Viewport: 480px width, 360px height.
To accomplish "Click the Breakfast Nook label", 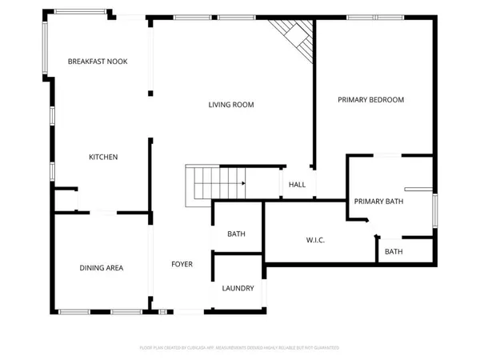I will (98, 62).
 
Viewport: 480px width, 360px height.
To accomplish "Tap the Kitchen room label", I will (103, 157).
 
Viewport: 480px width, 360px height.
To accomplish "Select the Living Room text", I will (231, 105).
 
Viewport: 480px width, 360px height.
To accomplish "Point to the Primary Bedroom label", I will (370, 100).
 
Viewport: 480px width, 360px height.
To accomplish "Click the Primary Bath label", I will (378, 202).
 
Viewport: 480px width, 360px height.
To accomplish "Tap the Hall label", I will (297, 185).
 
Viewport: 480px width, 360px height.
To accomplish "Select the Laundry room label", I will (238, 288).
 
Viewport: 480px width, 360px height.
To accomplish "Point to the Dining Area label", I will (101, 268).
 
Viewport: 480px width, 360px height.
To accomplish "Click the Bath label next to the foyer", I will (236, 234).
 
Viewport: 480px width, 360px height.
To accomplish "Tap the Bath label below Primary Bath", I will (394, 252).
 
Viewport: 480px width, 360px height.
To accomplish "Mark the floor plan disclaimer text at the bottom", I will (239, 348).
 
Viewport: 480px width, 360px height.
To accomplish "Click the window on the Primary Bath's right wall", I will (436, 211).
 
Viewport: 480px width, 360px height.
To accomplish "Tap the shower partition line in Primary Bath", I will (418, 190).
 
